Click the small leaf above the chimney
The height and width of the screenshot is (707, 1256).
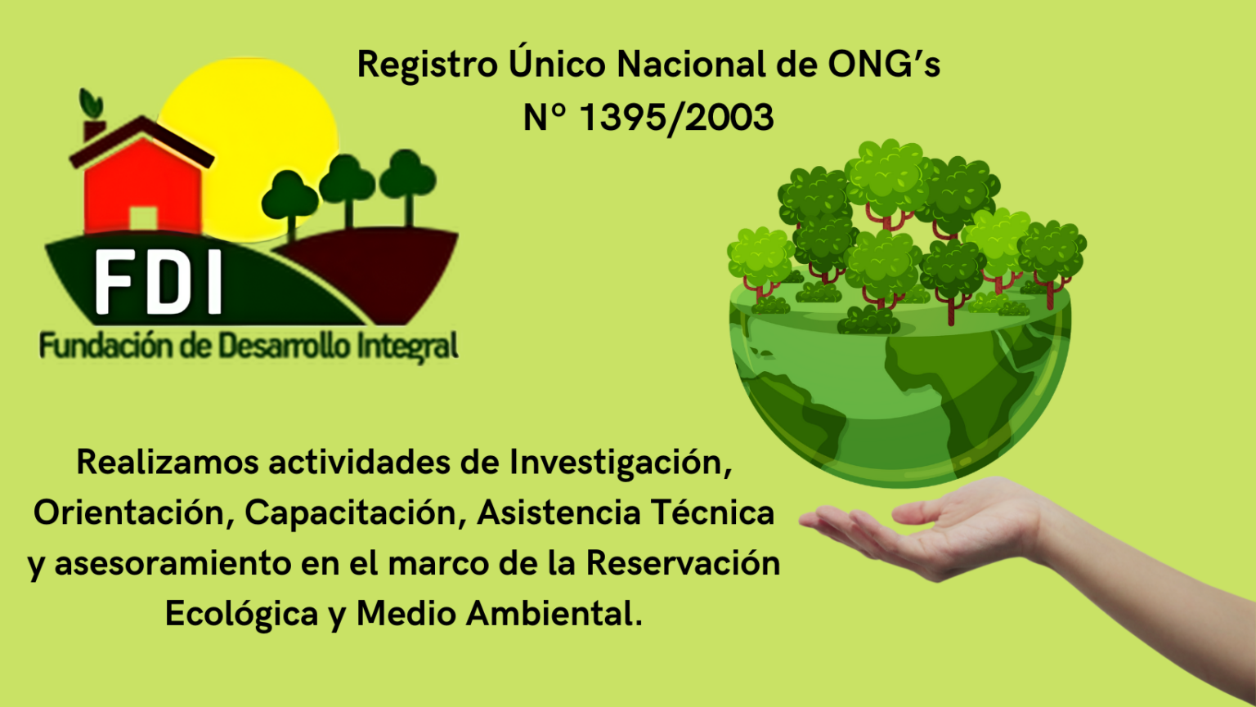click(90, 104)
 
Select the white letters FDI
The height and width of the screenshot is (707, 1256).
click(159, 282)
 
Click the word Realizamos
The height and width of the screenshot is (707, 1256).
click(168, 463)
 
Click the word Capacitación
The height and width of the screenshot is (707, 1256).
click(356, 513)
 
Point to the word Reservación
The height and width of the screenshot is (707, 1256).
click(683, 563)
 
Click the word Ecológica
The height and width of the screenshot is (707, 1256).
click(241, 614)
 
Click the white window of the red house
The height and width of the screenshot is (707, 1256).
click(143, 218)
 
